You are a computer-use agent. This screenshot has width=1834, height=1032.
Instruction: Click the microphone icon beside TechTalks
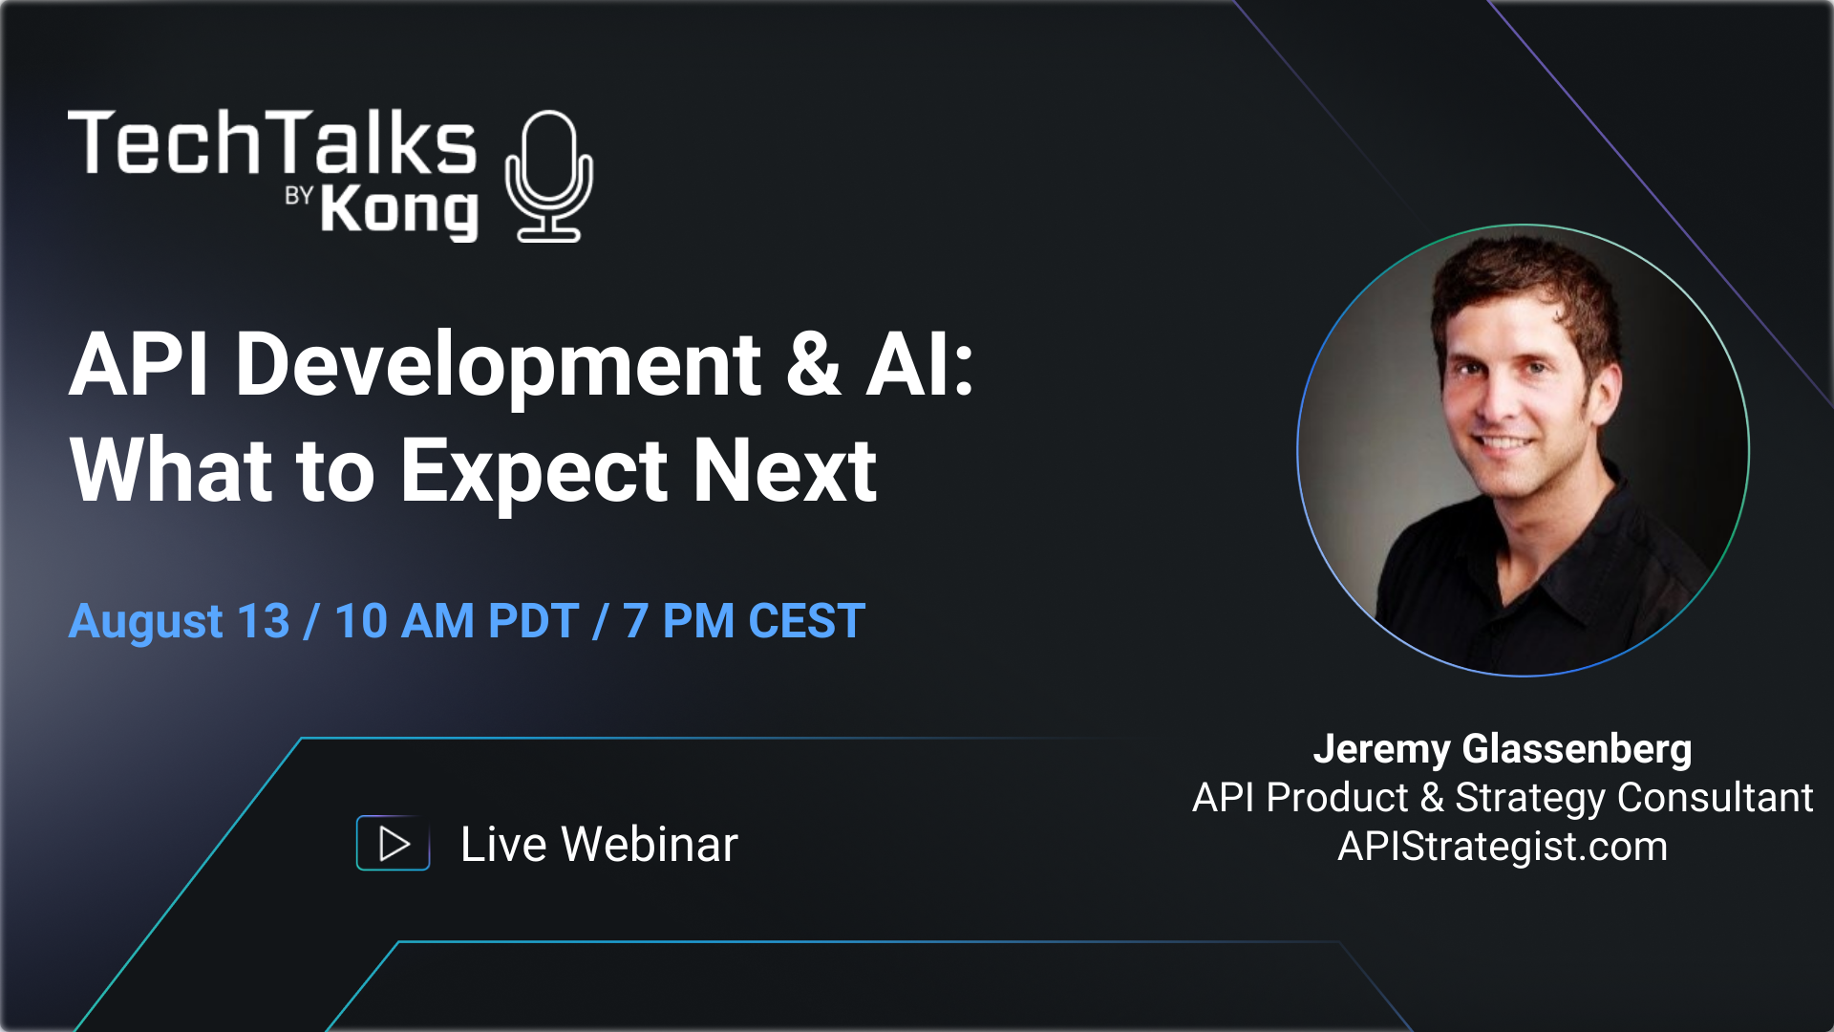tap(548, 176)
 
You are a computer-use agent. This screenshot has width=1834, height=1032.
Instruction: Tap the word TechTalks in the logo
tap(272, 143)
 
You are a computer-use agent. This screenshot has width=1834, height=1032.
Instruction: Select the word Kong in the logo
tap(398, 210)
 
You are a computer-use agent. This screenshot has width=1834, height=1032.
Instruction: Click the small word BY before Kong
tap(299, 196)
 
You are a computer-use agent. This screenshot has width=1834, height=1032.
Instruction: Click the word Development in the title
tap(498, 365)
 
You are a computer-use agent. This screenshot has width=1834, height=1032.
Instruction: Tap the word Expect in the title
tap(533, 470)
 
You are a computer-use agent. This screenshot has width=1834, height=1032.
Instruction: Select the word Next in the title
tap(784, 470)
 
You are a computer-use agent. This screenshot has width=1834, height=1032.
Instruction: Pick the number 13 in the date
tap(264, 622)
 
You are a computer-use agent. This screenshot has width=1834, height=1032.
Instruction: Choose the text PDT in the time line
tap(533, 622)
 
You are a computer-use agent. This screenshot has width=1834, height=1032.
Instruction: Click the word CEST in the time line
tap(807, 622)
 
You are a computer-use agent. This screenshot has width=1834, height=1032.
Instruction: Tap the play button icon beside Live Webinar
tap(393, 844)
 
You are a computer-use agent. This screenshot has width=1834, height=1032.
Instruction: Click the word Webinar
tap(650, 845)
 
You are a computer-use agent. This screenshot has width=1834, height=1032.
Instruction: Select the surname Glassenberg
tap(1577, 749)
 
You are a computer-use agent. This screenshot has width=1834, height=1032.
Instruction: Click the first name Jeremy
tap(1381, 749)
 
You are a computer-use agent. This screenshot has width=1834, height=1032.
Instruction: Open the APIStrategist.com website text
tap(1503, 847)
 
